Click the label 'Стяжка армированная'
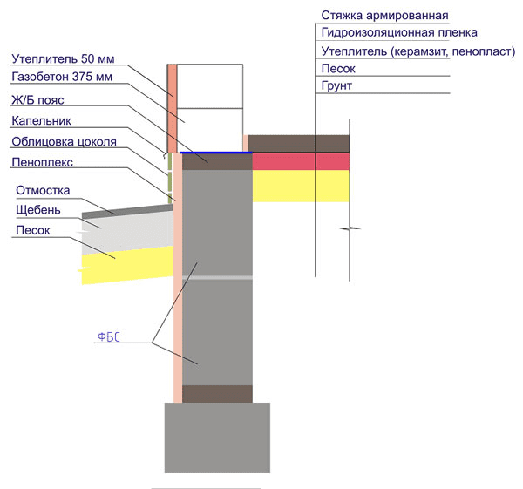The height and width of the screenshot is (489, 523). click(384, 16)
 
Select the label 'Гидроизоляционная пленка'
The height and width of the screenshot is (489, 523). click(399, 33)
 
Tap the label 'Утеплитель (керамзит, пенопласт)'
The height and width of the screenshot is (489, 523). click(418, 51)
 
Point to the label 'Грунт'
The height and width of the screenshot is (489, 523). click(336, 86)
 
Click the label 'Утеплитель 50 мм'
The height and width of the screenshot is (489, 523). click(63, 59)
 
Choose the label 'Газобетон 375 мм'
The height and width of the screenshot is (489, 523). click(62, 77)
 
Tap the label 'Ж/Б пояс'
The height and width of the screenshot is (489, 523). click(37, 100)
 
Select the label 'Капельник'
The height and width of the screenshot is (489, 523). click(41, 121)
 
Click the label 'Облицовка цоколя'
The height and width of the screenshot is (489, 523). click(64, 142)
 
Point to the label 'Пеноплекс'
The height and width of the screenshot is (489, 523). click(43, 162)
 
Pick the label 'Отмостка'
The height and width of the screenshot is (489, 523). click(43, 191)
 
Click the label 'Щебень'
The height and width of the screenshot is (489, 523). click(38, 210)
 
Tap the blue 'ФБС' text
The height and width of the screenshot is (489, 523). click(108, 337)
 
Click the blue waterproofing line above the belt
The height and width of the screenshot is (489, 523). click(216, 153)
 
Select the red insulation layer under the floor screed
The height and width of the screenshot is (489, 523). click(301, 161)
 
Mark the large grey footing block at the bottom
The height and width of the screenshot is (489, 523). click(217, 438)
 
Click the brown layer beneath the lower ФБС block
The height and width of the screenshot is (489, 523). click(217, 394)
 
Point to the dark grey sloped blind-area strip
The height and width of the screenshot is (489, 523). click(127, 212)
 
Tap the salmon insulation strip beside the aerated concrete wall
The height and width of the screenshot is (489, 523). click(172, 108)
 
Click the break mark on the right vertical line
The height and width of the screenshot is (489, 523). click(350, 228)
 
